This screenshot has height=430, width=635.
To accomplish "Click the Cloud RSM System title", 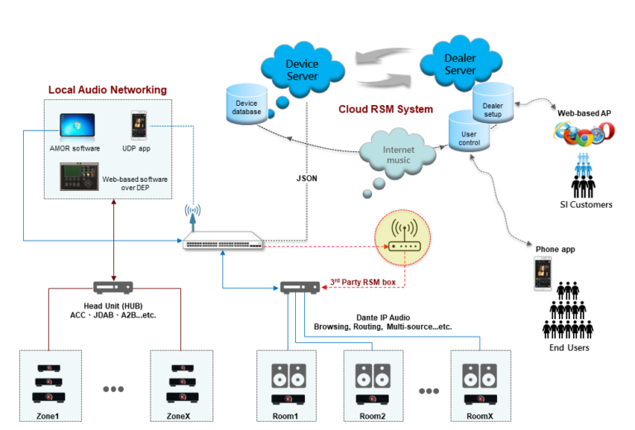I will coord(385,109).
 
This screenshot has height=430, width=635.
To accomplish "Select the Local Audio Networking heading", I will coord(107,89).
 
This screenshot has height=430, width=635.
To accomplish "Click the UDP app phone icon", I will coord(141,127).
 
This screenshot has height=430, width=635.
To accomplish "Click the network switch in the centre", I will coord(224,242).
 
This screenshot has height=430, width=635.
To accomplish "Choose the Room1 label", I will coord(287,417).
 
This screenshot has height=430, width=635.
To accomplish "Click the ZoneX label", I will coord(179,417).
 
